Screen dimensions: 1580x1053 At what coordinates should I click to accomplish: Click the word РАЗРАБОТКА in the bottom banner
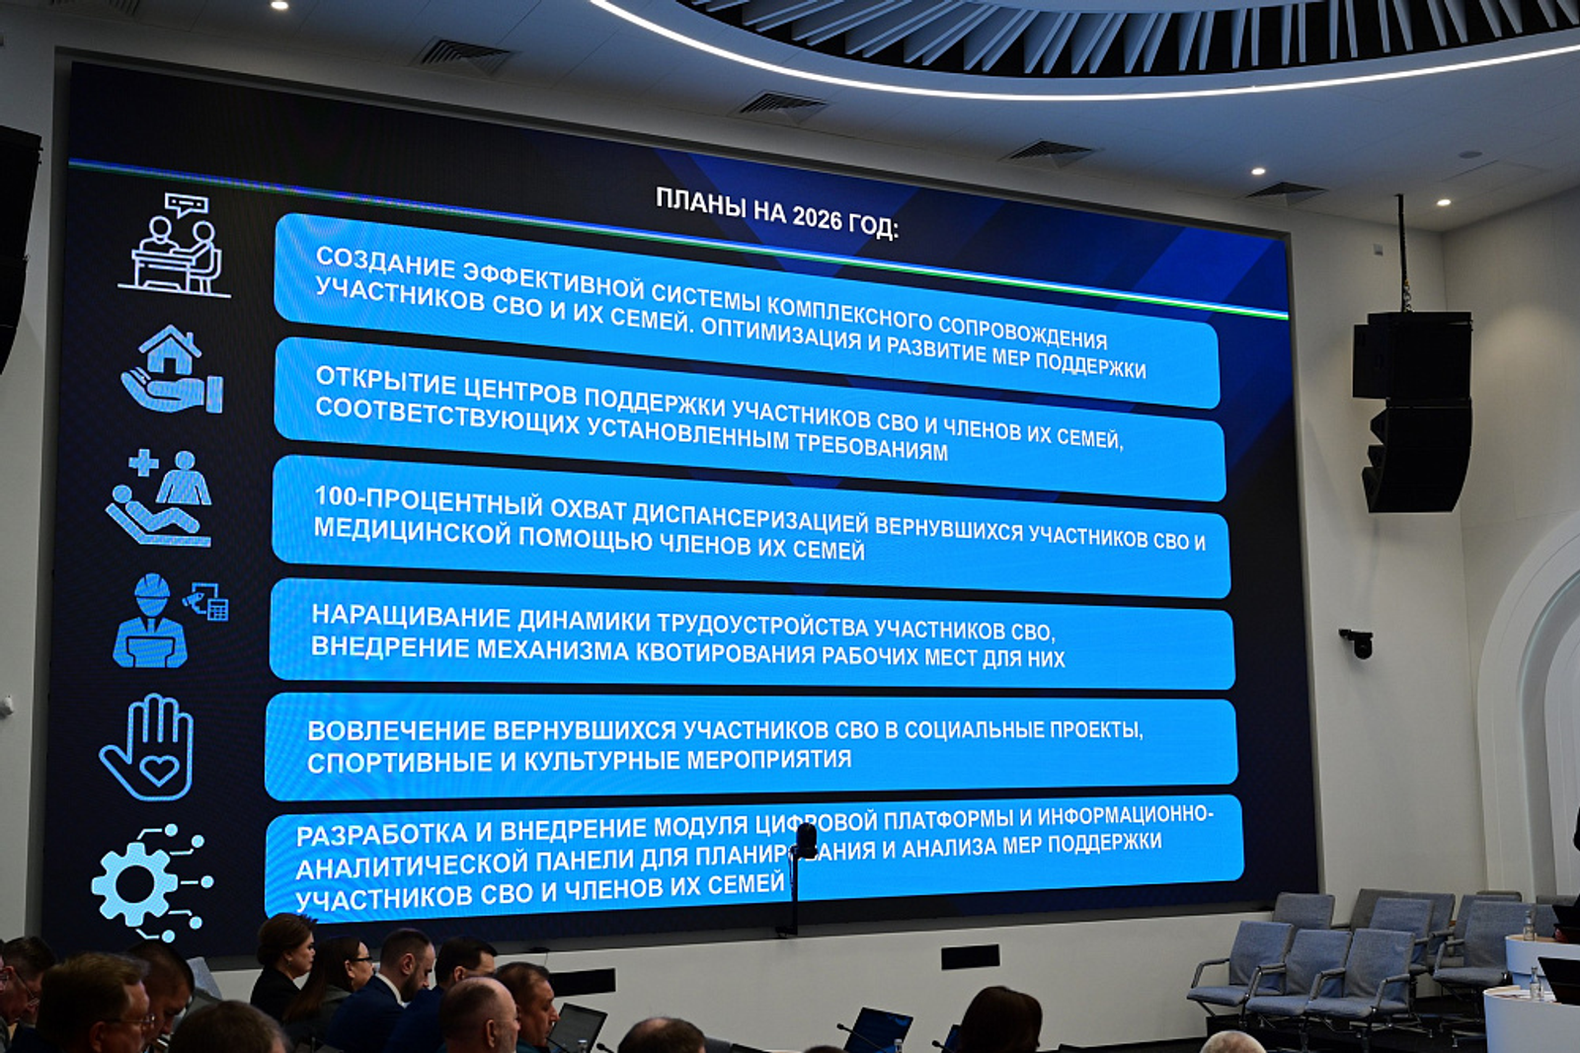click(x=381, y=835)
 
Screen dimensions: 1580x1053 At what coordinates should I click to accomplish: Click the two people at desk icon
click(x=175, y=245)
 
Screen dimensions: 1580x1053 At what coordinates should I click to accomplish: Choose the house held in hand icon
click(x=173, y=369)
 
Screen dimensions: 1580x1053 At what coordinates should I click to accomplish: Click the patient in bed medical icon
click(x=159, y=498)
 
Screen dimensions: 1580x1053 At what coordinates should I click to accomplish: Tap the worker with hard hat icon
click(x=169, y=621)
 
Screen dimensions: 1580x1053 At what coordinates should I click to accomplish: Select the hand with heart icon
click(x=147, y=747)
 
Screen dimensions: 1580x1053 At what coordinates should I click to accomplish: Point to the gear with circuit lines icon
click(x=152, y=883)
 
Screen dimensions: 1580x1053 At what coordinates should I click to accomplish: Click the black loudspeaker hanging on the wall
click(x=1413, y=412)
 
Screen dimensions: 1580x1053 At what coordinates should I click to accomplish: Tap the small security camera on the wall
click(x=1357, y=642)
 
